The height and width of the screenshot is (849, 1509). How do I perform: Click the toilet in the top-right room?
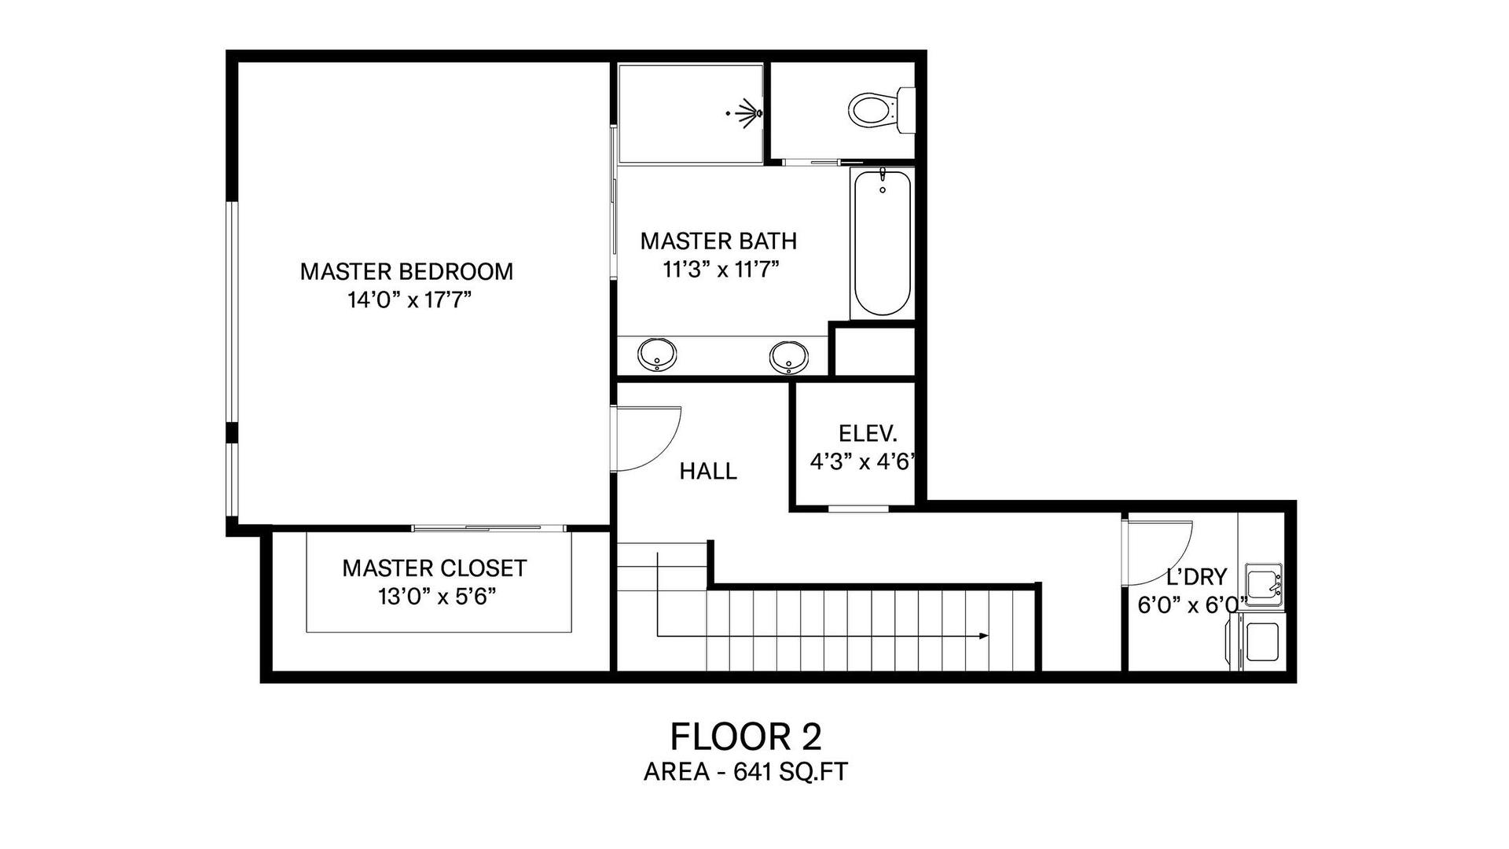point(882,111)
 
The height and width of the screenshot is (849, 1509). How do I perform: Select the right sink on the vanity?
point(788,357)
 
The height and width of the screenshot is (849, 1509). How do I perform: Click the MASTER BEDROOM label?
point(406,271)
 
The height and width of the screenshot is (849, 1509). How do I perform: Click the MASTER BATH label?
point(718,241)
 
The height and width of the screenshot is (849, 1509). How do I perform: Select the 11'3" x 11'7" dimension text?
point(721,270)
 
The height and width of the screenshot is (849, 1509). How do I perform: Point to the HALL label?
point(708,471)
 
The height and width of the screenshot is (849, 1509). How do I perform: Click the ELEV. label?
point(868,433)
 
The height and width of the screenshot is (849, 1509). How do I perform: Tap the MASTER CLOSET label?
point(435,568)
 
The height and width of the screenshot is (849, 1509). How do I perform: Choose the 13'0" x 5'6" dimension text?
point(437,597)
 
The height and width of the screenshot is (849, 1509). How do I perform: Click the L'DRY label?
point(1196,577)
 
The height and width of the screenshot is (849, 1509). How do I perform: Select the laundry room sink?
point(1263,586)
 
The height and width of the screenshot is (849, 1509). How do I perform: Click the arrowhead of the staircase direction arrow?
point(983,635)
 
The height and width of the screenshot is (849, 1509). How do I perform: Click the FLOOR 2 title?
point(746,737)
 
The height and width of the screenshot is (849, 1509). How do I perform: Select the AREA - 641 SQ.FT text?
point(746,772)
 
